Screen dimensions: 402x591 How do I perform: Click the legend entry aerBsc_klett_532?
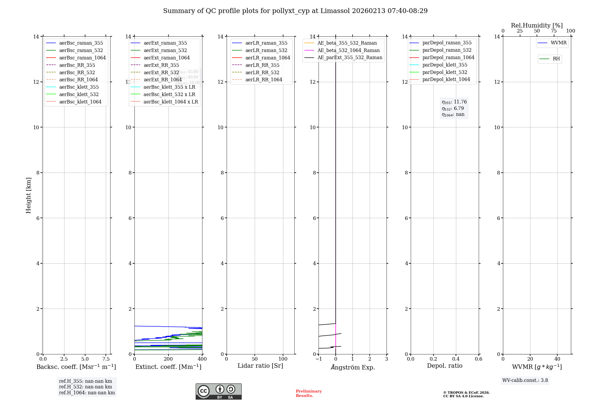coord(79,95)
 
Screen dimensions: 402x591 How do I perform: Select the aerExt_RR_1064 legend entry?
coord(163,80)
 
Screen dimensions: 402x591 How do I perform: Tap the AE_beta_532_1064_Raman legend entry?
coord(348,51)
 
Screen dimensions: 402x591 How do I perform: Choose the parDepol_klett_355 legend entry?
coord(445,65)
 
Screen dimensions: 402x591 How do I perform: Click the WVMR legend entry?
coord(558,43)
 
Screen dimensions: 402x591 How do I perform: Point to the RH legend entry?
coord(556,59)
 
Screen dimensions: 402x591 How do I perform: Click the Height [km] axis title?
coord(28,195)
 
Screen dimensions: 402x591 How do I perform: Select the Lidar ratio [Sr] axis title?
coord(260,366)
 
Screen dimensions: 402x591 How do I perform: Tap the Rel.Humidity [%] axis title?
coord(537,25)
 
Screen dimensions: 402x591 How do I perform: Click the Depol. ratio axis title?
coord(444,366)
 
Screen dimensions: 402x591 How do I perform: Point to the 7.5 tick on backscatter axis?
coord(106,359)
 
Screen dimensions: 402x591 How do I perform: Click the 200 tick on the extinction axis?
coord(168,359)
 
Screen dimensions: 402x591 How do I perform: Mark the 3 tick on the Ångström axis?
coord(387,359)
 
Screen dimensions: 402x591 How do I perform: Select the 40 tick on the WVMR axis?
coord(557,359)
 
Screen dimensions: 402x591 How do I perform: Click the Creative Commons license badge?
coord(218,391)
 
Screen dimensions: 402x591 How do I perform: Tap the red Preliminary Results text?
coord(309,393)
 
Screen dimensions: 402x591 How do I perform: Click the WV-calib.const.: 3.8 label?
coord(525,380)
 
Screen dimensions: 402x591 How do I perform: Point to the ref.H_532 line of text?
coord(85,387)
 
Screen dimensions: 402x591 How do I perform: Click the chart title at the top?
coord(295,11)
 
